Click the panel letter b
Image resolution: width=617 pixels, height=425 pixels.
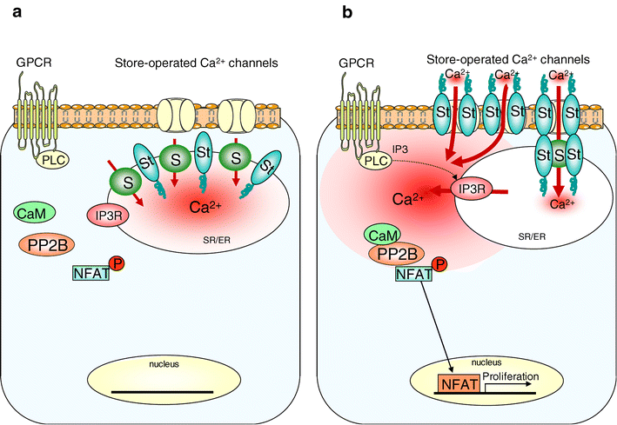324,13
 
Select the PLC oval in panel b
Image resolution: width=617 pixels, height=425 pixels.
376,163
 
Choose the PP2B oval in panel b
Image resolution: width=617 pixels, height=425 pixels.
392,254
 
